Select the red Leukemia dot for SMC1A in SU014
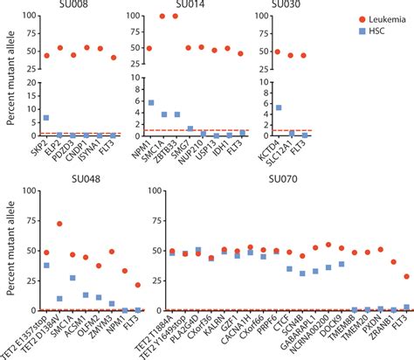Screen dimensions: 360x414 point(162,17)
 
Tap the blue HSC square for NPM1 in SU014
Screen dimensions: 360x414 point(149,103)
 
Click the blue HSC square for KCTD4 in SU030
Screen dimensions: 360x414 point(278,108)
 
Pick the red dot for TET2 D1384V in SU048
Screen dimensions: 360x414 point(59,224)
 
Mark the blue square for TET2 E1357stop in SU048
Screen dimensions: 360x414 point(46,266)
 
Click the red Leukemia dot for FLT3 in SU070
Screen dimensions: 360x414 point(406,276)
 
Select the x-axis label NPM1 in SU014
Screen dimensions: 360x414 point(145,150)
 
